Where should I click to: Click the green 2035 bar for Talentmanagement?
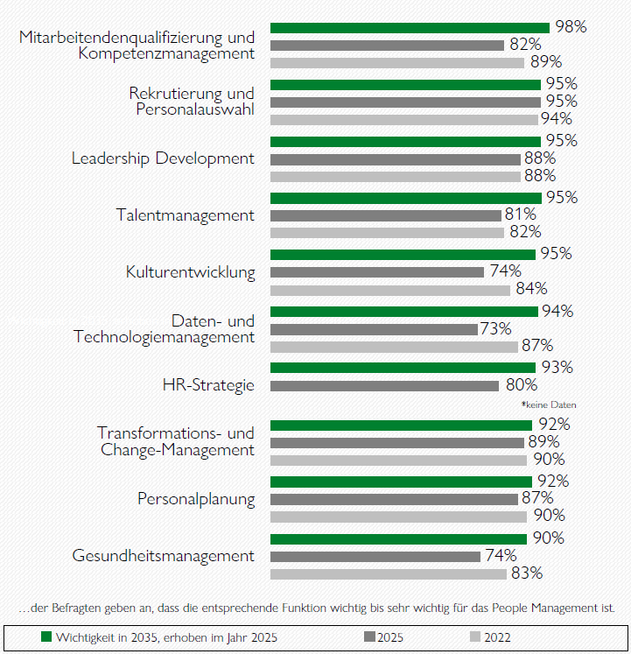(x=405, y=198)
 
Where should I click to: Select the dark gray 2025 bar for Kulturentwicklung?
(x=376, y=271)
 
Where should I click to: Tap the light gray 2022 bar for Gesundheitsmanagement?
(x=388, y=574)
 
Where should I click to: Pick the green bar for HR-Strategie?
(x=403, y=368)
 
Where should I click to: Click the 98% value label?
(x=571, y=27)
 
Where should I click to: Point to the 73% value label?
(x=495, y=328)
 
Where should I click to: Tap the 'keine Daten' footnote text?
(x=549, y=405)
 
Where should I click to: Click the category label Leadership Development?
(x=163, y=158)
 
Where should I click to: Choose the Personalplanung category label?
(x=196, y=500)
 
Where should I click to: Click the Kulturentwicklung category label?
(x=190, y=272)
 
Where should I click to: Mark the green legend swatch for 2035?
(x=47, y=637)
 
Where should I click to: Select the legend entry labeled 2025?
(x=388, y=637)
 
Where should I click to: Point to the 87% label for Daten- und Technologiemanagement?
(x=536, y=346)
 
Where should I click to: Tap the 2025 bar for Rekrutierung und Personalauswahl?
(x=405, y=102)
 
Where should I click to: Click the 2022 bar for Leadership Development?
(x=395, y=176)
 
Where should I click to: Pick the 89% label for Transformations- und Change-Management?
(x=543, y=442)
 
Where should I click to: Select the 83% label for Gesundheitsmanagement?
(x=527, y=574)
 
